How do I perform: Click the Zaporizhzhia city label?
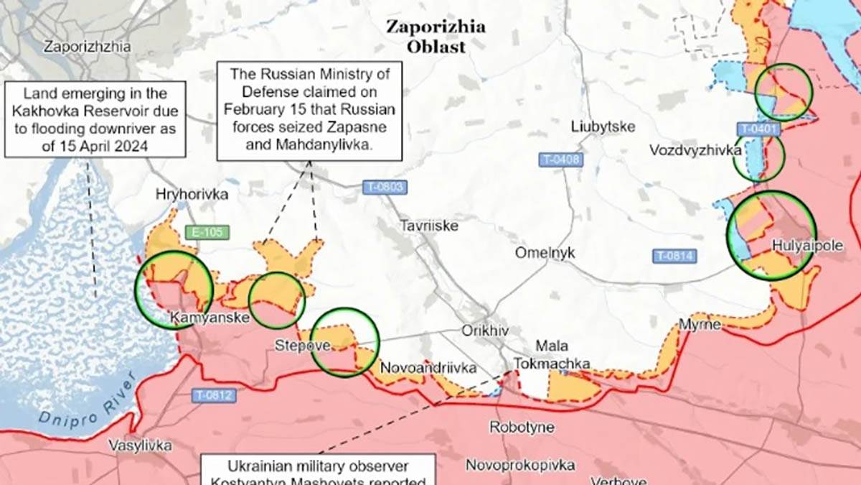point(88,47)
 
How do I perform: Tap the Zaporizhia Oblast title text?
point(436,37)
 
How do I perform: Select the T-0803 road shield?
point(385,188)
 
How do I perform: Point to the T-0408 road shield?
point(561,160)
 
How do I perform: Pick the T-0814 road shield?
point(674,255)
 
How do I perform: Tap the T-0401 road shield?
point(758,129)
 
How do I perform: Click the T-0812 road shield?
point(213,394)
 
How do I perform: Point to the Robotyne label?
point(522,428)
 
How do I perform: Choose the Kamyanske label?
point(210,317)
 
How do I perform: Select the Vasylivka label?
point(140,445)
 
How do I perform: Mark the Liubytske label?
point(603,126)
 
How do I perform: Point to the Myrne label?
point(700,325)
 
